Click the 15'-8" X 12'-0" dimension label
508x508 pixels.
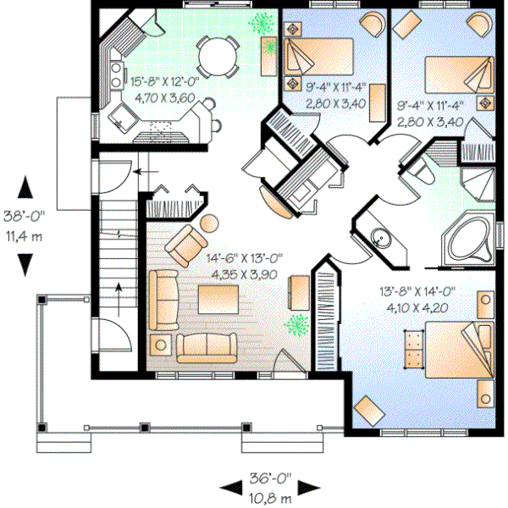(166, 81)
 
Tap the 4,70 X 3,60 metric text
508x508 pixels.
(166, 97)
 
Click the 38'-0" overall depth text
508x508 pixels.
(26, 217)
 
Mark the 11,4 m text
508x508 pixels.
(26, 235)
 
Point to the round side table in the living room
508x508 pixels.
(207, 224)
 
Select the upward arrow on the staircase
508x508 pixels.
(119, 295)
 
